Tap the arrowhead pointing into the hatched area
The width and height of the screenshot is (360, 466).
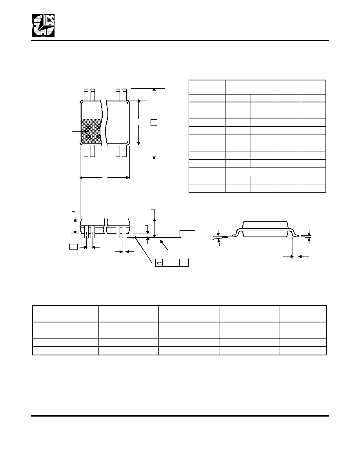point(87,131)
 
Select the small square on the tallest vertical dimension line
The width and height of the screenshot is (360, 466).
point(154,122)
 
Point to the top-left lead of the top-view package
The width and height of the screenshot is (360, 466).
point(86,95)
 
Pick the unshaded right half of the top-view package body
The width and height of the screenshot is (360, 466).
point(118,123)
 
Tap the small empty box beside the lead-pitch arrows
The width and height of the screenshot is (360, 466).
point(73,246)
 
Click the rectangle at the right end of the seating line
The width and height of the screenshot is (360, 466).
point(187,234)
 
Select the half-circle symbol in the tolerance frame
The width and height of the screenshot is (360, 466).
point(159,263)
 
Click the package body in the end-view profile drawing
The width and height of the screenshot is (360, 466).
point(265,229)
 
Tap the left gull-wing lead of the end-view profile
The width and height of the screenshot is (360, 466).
point(236,232)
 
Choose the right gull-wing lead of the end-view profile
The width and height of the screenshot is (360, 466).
point(295,232)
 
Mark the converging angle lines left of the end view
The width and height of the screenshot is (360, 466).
point(222,237)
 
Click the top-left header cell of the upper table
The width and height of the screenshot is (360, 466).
point(207,87)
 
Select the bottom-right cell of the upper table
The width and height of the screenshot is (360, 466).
point(313,188)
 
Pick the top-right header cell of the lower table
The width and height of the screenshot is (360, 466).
point(303,313)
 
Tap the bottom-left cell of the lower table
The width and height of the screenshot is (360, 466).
point(65,351)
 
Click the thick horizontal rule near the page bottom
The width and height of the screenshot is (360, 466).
point(180,415)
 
